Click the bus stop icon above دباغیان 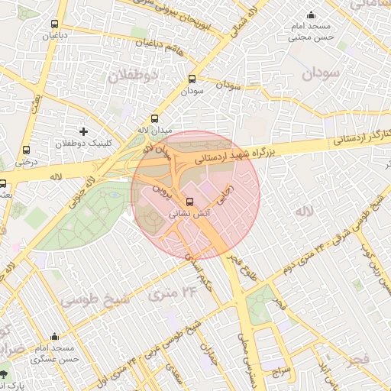pos(53,24)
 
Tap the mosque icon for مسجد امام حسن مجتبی pos(310,15)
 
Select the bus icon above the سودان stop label pos(192,79)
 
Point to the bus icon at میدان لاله pos(155,118)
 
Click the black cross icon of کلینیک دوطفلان pos(84,132)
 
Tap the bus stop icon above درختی pos(27,150)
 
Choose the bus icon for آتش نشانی pos(190,203)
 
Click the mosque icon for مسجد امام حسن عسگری pos(54,336)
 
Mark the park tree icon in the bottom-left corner pos(6,374)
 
